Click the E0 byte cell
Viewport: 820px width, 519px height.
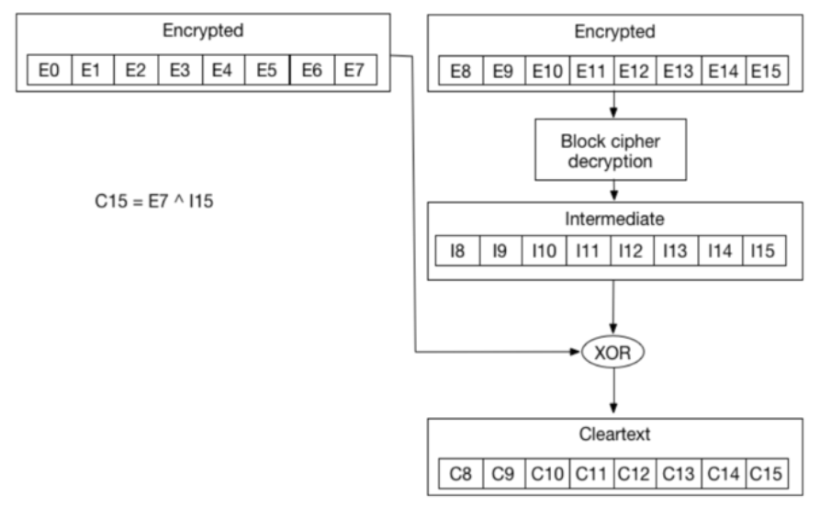(50, 70)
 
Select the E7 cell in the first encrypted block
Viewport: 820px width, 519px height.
(355, 70)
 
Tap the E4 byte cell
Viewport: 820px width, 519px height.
(223, 70)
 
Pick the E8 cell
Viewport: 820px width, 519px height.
(461, 71)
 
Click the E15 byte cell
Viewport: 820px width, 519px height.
(767, 71)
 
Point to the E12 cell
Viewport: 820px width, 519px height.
(635, 71)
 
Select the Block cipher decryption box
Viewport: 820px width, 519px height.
(611, 150)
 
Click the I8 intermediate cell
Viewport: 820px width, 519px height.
(457, 251)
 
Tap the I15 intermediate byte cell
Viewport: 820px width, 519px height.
(764, 251)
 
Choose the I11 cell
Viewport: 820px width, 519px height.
(589, 251)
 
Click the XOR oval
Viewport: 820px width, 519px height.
(612, 352)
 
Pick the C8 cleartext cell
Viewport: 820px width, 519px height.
(461, 474)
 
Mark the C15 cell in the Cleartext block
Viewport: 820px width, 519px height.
(767, 474)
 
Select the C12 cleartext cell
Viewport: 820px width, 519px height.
(635, 474)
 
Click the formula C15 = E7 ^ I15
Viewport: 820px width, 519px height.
(154, 201)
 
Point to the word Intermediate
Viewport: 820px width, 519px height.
(614, 219)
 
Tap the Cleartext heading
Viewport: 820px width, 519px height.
(614, 434)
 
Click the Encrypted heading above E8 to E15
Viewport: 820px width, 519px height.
(614, 32)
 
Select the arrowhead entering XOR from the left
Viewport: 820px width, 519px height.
(576, 352)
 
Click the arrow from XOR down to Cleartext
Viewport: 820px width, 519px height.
(613, 390)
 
